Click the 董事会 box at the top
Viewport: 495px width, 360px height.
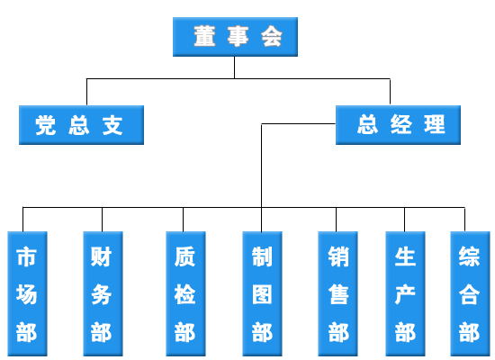coord(235,37)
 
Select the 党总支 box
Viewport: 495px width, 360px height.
coord(81,125)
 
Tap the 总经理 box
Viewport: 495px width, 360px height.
coord(398,125)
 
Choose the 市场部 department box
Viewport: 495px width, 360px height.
coord(28,293)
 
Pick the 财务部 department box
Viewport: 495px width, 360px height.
coord(103,293)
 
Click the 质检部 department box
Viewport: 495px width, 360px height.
coord(186,293)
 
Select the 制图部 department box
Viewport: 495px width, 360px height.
coord(262,293)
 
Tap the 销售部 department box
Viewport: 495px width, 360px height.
coord(337,293)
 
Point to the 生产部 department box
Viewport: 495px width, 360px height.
coord(405,293)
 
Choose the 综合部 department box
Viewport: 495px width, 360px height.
coord(470,293)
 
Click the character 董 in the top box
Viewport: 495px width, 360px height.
coord(205,36)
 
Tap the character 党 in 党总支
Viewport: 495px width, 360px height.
coord(46,125)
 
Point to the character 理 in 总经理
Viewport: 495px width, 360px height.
coord(435,124)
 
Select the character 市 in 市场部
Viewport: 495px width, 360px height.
coord(26,256)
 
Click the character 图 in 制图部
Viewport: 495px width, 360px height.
coord(262,294)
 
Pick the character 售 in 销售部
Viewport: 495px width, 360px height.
coord(338,294)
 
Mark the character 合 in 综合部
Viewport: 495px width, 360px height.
coord(470,294)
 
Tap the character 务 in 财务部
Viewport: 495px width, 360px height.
coord(102,294)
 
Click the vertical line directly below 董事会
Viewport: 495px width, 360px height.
coord(235,67)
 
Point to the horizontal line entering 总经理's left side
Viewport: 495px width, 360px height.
coord(298,124)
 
